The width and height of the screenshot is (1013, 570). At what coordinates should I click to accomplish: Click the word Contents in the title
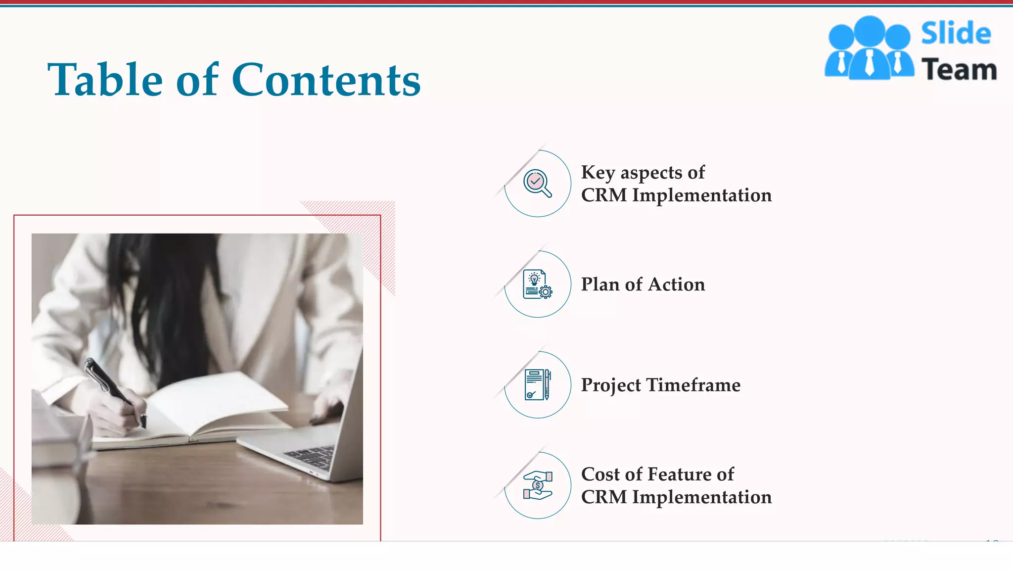click(x=326, y=80)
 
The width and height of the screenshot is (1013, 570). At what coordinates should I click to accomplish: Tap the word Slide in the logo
click(x=956, y=34)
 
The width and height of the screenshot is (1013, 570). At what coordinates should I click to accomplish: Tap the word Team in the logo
click(x=959, y=69)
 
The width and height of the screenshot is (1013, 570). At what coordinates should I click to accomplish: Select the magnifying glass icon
click(x=537, y=184)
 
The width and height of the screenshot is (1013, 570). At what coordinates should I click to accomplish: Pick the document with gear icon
click(x=537, y=285)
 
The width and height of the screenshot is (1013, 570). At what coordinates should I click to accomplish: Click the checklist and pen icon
click(x=537, y=384)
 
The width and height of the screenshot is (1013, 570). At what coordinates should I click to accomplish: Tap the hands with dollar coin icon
click(x=537, y=485)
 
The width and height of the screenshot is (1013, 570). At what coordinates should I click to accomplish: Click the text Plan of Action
click(x=643, y=285)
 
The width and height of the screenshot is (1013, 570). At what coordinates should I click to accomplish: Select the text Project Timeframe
click(x=660, y=385)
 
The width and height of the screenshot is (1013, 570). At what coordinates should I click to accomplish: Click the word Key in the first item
click(x=598, y=172)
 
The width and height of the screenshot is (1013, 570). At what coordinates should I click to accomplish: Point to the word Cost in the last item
click(x=600, y=474)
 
